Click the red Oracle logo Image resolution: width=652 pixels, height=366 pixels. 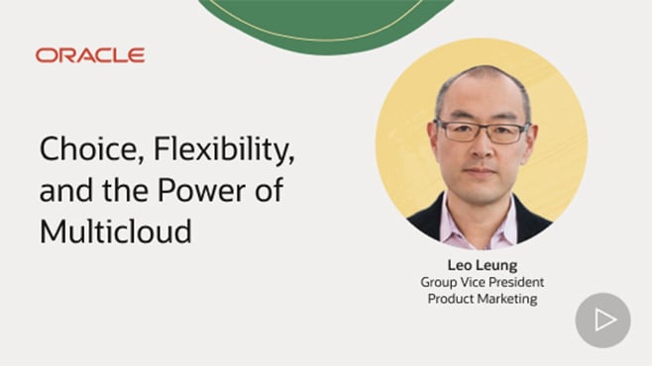(89, 55)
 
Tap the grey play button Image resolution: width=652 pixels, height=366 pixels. (602, 320)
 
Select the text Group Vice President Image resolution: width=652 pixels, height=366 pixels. (481, 283)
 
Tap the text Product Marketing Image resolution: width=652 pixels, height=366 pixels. (481, 300)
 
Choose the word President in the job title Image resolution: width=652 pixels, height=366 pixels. (515, 283)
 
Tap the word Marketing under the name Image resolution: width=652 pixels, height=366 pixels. (506, 300)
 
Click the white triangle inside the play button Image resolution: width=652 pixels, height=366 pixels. (604, 320)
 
